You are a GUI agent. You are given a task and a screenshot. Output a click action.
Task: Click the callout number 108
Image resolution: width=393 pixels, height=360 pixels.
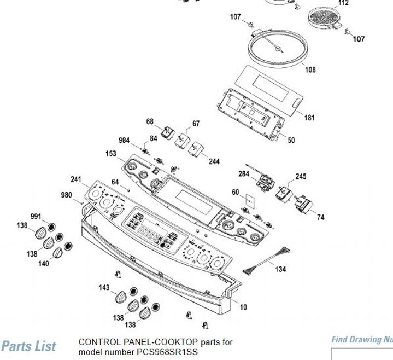tap(310, 70)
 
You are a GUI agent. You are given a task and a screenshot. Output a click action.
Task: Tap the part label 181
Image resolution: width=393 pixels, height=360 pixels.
tap(309, 117)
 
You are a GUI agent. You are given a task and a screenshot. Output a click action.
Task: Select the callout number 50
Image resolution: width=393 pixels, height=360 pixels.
tap(291, 141)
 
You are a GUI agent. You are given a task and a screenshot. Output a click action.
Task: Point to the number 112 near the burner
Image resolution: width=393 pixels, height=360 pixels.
tap(343, 3)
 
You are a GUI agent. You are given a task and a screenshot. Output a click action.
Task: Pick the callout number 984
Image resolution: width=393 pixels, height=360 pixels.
tap(125, 141)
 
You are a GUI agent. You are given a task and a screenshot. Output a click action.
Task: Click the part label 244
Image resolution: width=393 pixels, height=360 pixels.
tap(214, 162)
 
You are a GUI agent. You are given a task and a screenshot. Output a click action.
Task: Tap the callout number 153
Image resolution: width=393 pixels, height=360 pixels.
tap(112, 154)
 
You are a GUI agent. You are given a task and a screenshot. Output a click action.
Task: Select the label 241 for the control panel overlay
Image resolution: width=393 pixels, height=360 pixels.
tap(76, 179)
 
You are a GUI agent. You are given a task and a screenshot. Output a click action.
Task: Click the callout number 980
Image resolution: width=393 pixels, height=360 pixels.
tap(66, 195)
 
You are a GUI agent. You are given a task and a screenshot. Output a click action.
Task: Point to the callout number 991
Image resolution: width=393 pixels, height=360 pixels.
tap(36, 217)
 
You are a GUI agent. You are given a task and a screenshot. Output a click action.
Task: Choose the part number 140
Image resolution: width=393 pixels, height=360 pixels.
tap(44, 264)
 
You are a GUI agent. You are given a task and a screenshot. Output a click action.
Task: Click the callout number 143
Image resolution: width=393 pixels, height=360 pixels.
tap(104, 288)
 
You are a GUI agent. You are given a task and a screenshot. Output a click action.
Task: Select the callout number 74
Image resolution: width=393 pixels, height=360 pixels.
tap(320, 217)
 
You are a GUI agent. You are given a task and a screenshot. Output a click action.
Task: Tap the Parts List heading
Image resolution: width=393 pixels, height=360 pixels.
tap(28, 346)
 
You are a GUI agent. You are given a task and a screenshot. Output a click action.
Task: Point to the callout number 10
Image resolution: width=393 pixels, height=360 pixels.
tap(243, 307)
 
